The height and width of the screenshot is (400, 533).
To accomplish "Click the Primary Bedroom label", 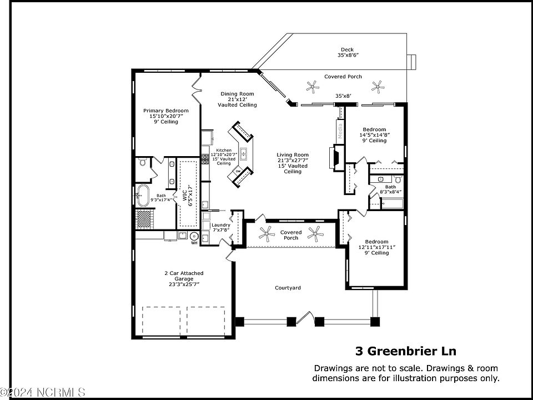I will click(x=165, y=111).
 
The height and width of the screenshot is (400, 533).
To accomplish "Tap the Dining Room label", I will click(x=237, y=94).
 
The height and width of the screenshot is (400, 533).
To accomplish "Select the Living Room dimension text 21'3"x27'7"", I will click(x=293, y=161).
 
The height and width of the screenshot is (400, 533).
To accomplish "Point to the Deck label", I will click(x=348, y=49).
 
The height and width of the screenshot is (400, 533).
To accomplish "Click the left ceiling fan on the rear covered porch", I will click(x=313, y=86).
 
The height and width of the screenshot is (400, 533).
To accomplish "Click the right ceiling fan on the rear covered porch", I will click(x=378, y=86).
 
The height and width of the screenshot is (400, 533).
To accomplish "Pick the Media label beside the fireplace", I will click(x=340, y=130).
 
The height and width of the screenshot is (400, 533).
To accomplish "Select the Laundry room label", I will click(x=220, y=225).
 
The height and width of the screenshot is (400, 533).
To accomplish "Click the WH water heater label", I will click(x=194, y=243).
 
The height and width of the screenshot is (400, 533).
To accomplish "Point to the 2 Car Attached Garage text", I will click(x=183, y=273).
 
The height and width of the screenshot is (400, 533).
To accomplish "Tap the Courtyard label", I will click(x=288, y=288).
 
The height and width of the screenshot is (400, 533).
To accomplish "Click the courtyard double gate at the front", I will click(x=305, y=320).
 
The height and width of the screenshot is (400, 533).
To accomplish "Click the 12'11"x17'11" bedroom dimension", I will click(x=377, y=247).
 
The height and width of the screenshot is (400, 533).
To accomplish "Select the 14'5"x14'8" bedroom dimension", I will click(x=374, y=135).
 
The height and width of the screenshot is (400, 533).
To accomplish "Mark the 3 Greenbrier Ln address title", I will click(x=405, y=351).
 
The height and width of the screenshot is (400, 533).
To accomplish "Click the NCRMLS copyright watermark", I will click(x=43, y=393).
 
